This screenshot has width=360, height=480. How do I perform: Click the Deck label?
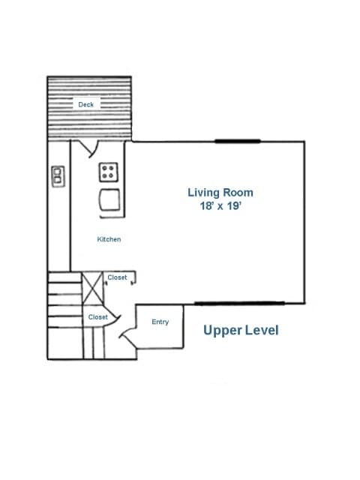pos(85,105)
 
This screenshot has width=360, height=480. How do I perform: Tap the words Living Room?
pos(220,193)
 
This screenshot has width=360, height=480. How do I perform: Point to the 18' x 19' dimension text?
pos(220,205)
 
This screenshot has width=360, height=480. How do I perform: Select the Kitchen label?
pos(109,239)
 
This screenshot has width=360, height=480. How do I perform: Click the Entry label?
pos(160,322)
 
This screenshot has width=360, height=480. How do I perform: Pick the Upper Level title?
pos(241,331)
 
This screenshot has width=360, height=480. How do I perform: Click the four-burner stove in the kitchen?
pos(108,172)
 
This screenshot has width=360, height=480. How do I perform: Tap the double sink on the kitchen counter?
pos(58,176)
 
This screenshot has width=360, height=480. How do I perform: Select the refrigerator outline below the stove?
pos(109,199)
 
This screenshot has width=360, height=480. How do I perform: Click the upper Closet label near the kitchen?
pos(117,277)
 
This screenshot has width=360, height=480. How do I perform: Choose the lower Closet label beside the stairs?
pos(98,317)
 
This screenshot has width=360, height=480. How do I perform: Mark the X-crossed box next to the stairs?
pos(93,288)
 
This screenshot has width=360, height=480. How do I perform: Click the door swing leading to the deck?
pos(90,148)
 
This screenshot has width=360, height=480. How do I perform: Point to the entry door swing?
pos(128,337)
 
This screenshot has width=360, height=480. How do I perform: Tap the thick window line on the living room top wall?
pos(238,141)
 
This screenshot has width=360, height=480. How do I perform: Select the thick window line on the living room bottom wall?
pos(240,303)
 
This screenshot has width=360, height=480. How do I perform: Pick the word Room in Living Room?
pos(238,193)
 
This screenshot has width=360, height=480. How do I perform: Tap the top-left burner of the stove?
pos(105,168)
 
